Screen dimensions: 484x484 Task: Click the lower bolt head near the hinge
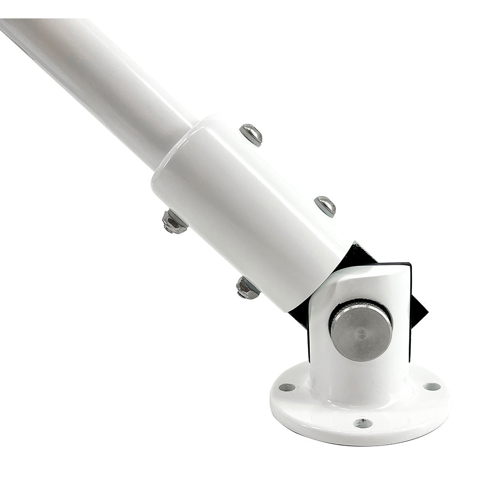pyautogui.click(x=325, y=206)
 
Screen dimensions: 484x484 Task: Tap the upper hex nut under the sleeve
pyautogui.click(x=174, y=222)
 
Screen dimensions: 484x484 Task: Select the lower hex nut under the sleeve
pyautogui.click(x=248, y=287)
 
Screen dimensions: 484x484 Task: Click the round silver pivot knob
pyautogui.click(x=361, y=331)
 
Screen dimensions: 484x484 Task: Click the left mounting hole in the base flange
pyautogui.click(x=287, y=387)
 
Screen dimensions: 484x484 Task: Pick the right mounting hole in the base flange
pyautogui.click(x=432, y=386)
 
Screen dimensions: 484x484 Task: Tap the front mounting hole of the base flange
pyautogui.click(x=363, y=423)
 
